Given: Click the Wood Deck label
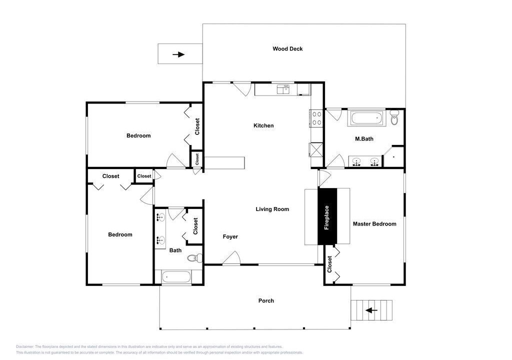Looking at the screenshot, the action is coord(287,48).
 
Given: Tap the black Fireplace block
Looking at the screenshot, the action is coord(327,216).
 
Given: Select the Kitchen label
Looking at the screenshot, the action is coord(263,125).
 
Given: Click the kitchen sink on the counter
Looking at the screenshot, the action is coord(283,89).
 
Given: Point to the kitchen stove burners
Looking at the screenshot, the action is coord(316,118).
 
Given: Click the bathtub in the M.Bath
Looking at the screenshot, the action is coord(366,117).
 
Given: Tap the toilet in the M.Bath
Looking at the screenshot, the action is coord(394,118).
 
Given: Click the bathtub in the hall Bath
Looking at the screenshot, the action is coord(176,277).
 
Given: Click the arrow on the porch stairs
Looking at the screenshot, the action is coord(371,310).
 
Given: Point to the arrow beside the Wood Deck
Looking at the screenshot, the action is coord(178,54).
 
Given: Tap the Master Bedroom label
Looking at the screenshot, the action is coord(374,224).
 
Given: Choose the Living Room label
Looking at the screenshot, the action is coord(272,209).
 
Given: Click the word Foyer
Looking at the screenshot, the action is coord(230,236).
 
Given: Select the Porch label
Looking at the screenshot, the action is coord(266,300).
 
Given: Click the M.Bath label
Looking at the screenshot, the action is coord(364,138).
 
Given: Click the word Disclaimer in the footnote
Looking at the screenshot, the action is coord(24,346).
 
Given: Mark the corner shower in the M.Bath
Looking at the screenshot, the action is coord(393,157).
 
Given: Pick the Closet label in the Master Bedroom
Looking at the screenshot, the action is coord(329,264).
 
